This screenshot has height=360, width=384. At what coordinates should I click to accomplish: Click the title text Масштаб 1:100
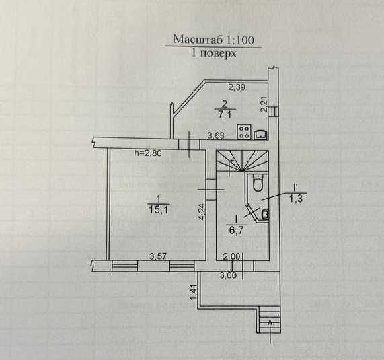click(x=214, y=40)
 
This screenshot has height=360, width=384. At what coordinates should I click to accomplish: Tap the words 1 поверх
click(x=214, y=53)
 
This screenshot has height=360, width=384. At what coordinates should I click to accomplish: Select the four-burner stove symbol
click(x=244, y=132)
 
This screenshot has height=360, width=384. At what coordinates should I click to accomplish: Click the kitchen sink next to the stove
click(x=260, y=135)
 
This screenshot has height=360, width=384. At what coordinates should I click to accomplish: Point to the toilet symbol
click(x=258, y=182)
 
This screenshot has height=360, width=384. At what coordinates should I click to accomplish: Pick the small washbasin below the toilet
click(x=265, y=215)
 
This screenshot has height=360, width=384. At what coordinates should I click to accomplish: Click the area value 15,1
click(x=158, y=210)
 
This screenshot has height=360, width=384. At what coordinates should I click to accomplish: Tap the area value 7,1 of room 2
click(x=224, y=114)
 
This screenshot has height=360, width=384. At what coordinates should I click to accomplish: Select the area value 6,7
click(x=236, y=230)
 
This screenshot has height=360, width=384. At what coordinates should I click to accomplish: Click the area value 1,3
click(x=296, y=199)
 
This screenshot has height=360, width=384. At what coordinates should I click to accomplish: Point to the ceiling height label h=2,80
click(x=148, y=153)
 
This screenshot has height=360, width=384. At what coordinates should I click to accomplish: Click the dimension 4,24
click(x=202, y=211)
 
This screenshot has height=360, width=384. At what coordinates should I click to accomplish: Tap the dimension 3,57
click(x=158, y=256)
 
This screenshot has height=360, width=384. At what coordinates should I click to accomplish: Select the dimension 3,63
click(x=216, y=135)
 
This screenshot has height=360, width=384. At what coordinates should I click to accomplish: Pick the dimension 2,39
click(x=237, y=87)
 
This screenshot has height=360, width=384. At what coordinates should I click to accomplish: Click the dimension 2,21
click(x=264, y=104)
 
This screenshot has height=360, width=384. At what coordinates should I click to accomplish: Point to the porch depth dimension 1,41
click(x=194, y=292)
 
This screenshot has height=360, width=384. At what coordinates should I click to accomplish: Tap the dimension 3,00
click(x=228, y=275)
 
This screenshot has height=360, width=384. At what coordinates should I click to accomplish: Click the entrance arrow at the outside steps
click(x=270, y=330)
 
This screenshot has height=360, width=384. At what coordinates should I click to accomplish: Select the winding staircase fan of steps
click(x=242, y=161)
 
